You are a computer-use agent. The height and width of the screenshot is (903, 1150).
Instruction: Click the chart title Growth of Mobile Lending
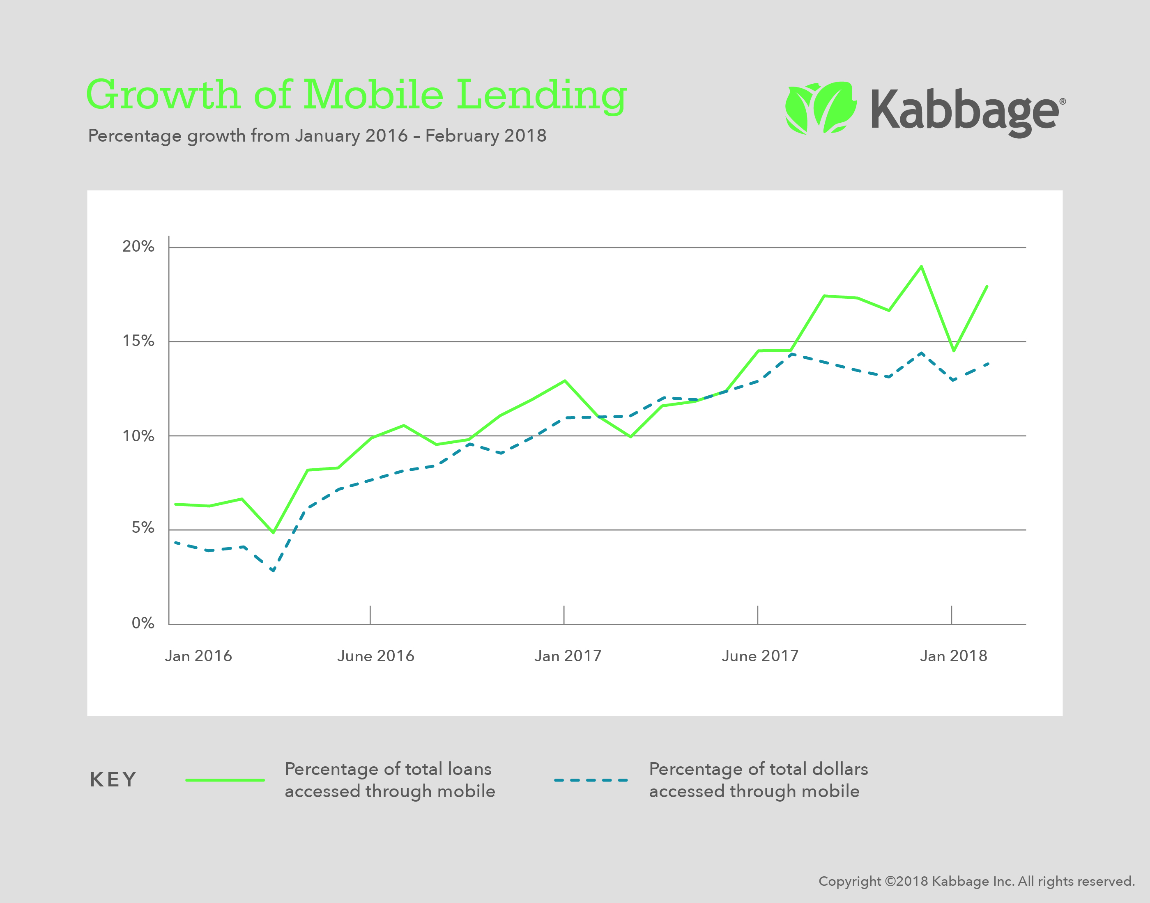click(x=356, y=95)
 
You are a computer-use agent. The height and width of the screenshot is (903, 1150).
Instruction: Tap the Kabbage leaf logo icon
click(x=820, y=108)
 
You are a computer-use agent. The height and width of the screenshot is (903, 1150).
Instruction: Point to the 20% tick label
click(x=138, y=246)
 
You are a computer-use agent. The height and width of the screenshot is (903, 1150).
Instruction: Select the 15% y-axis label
click(x=138, y=341)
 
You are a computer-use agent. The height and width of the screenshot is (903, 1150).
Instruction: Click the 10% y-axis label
click(x=138, y=436)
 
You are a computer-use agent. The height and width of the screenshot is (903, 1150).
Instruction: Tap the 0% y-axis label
click(x=143, y=623)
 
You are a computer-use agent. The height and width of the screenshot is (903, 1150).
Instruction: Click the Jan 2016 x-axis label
click(x=198, y=656)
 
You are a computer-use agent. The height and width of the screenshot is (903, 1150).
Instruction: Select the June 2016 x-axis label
click(x=375, y=656)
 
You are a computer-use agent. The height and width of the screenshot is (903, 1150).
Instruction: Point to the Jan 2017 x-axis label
click(x=568, y=656)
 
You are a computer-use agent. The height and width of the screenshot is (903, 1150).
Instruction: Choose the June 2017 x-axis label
click(x=759, y=656)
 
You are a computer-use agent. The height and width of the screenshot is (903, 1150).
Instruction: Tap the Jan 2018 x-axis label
click(x=953, y=656)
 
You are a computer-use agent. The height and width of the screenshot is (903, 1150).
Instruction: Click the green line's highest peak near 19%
click(x=922, y=266)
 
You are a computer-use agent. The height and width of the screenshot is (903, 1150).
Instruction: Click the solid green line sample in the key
click(x=225, y=780)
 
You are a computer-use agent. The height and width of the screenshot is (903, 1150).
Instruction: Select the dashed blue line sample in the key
click(x=591, y=780)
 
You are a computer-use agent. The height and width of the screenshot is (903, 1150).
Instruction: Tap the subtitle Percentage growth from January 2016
click(x=317, y=136)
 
